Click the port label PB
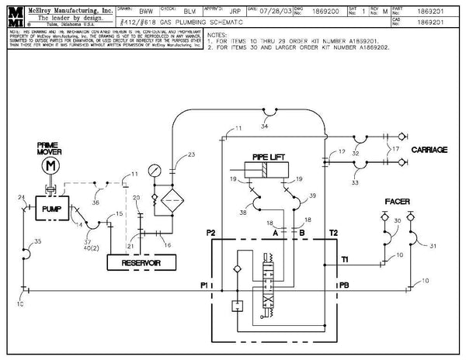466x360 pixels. (344, 286)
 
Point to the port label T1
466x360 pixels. (344, 259)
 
